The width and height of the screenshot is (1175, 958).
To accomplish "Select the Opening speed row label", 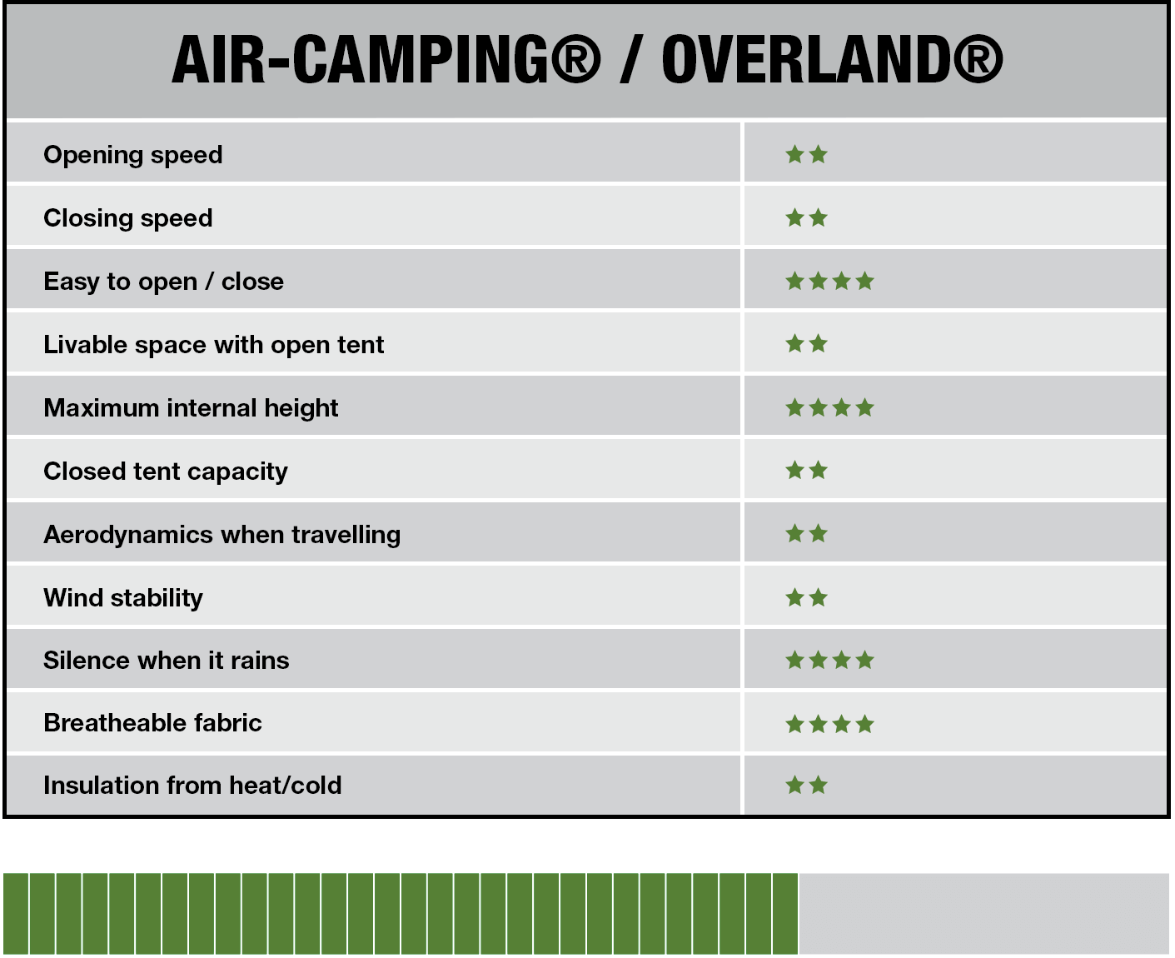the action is (133, 155).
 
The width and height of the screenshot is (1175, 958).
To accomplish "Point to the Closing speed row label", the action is (128, 218).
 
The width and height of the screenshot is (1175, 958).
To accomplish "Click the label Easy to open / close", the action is (164, 282).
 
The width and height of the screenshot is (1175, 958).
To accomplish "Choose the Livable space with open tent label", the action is (213, 344).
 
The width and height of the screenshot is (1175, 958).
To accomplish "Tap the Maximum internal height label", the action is (191, 408).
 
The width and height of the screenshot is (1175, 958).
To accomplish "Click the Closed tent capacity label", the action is (166, 472).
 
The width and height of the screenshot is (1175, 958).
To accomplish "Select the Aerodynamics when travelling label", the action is (222, 534).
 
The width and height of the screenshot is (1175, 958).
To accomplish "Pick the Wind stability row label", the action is (123, 597).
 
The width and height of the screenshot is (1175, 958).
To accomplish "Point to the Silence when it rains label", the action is (166, 661).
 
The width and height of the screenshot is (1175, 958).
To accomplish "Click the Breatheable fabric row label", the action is (152, 723).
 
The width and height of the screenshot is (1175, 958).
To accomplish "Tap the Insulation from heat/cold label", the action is (192, 786).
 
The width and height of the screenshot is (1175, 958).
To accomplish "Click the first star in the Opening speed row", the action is (794, 154).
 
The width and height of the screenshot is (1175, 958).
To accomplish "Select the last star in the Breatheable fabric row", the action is (865, 724).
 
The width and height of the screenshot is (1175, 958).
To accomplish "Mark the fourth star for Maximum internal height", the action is (865, 408).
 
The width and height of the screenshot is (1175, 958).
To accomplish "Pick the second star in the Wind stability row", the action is (818, 597).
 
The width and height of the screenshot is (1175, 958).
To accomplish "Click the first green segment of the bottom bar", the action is (16, 914).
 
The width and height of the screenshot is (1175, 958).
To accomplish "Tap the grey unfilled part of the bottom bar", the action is (983, 914).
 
